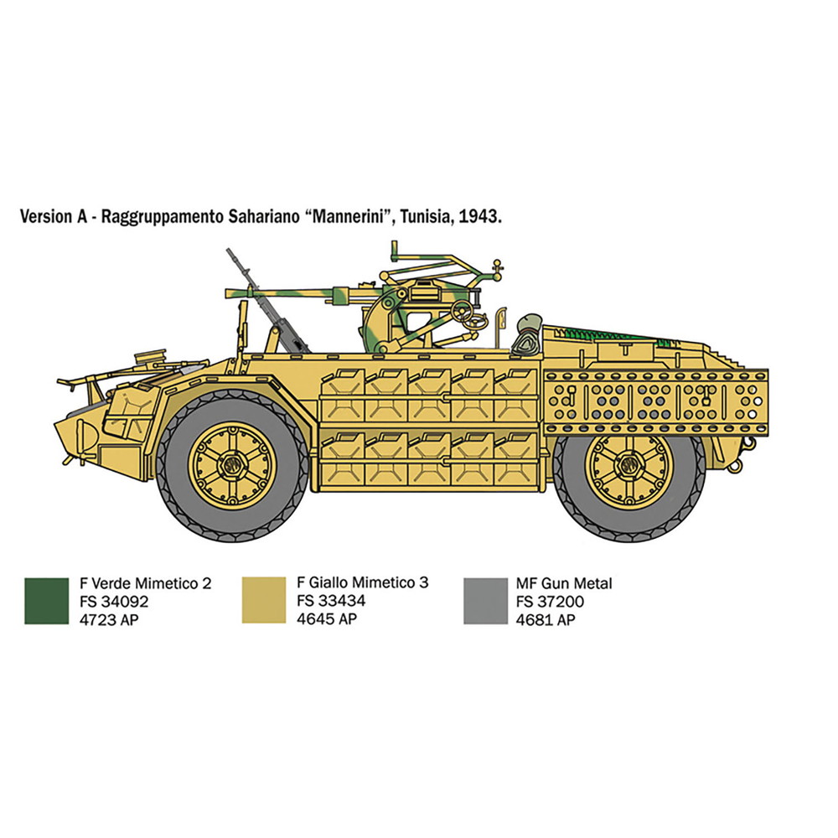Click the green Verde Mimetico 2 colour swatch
pos(46,601)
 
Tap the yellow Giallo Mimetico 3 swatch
pos(264,600)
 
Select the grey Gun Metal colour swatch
pos(485,601)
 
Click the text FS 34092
pos(114,602)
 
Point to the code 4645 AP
pos(327,619)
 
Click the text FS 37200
pos(550,602)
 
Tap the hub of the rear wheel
pos(628,464)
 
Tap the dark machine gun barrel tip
pos(229,251)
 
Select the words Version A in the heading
pos(54,216)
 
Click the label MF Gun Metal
pos(564,583)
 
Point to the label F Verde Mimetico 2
pos(145,583)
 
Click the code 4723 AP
pos(109,620)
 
